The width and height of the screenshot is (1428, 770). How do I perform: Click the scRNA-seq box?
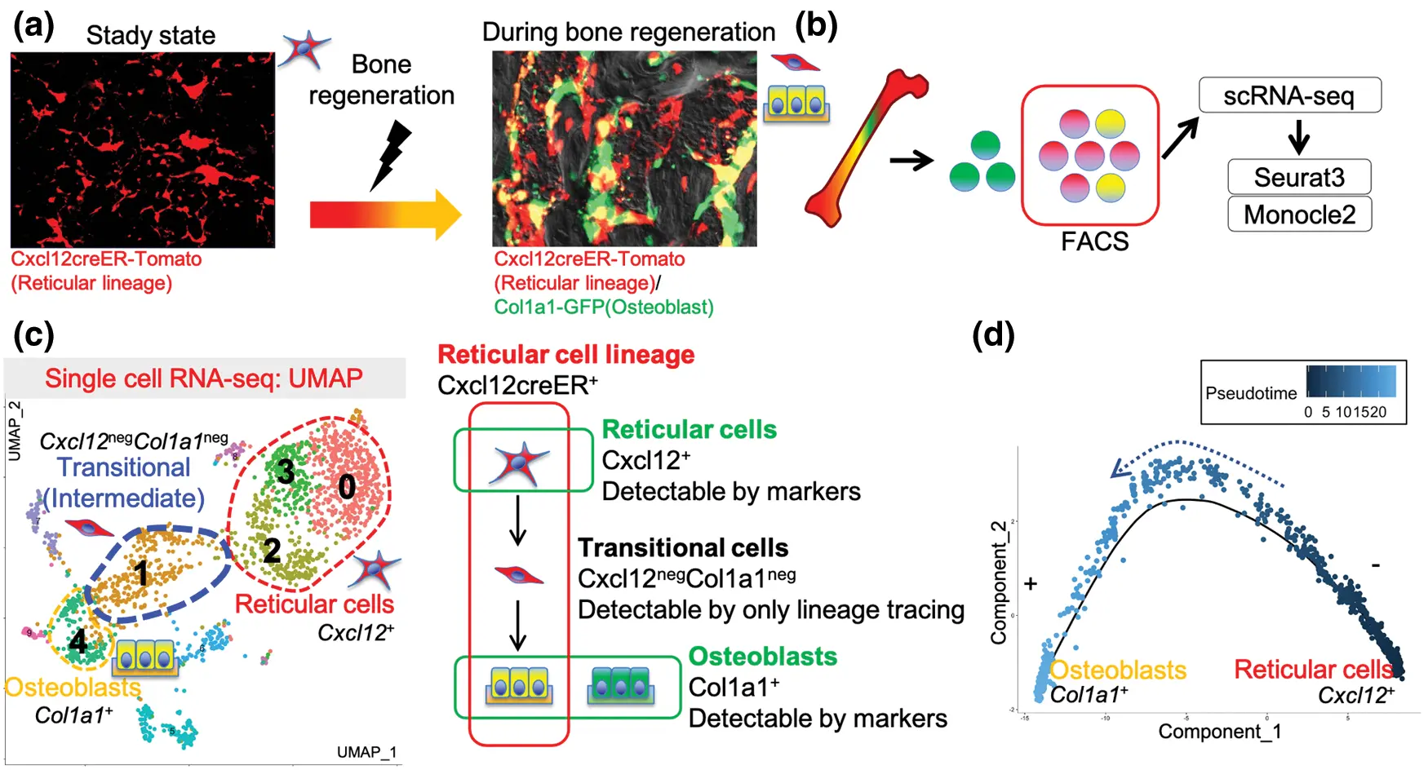pos(1288,95)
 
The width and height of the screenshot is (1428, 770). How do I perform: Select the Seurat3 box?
pos(1298,177)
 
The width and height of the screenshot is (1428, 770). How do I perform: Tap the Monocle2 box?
pos(1298,215)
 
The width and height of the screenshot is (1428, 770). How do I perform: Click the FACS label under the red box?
pos(1093,241)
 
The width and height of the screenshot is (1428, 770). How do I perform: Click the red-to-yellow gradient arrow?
pos(384,215)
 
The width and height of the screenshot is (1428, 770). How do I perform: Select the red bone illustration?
pos(865,147)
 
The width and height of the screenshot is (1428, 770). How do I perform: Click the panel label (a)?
pos(33,26)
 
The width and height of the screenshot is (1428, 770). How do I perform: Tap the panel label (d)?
pos(993,334)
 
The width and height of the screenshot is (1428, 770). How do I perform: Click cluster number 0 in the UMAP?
pos(347,487)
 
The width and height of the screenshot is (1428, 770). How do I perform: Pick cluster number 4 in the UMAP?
pos(78,641)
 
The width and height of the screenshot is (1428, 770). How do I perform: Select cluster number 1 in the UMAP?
pos(142,573)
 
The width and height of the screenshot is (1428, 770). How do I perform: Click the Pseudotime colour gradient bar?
pos(1350,382)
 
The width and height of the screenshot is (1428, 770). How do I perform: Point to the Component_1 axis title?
pos(1219,732)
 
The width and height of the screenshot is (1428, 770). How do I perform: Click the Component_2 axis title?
pos(999,582)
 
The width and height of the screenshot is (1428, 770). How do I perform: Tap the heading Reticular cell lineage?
pos(565,355)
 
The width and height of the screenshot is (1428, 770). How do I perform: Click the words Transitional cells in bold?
pos(682,547)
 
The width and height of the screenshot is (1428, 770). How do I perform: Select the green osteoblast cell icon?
pos(621,686)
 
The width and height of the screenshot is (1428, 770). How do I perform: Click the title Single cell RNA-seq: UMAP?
pos(203,378)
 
